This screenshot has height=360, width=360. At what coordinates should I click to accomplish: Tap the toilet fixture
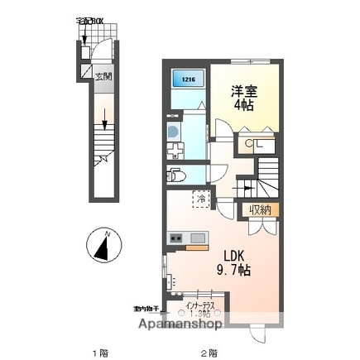coord(176,175)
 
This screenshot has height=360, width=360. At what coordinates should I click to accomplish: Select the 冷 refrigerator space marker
coord(200,198)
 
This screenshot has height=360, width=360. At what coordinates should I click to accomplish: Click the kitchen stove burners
coord(176,239)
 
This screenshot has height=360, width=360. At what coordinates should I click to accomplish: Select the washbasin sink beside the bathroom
coord(172,131)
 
